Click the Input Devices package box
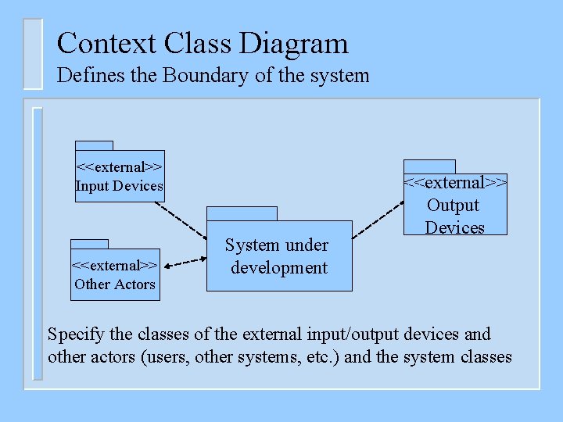pyautogui.click(x=120, y=177)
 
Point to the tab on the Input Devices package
pyautogui.click(x=94, y=145)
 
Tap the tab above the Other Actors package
pyautogui.click(x=89, y=244)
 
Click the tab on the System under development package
pyautogui.click(x=242, y=214)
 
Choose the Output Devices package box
pyautogui.click(x=455, y=205)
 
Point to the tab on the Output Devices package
pyautogui.click(x=429, y=166)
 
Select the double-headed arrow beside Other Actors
pyautogui.click(x=184, y=263)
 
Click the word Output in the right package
pyautogui.click(x=453, y=206)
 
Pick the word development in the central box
pyautogui.click(x=279, y=267)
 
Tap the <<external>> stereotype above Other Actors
pyautogui.click(x=115, y=265)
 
